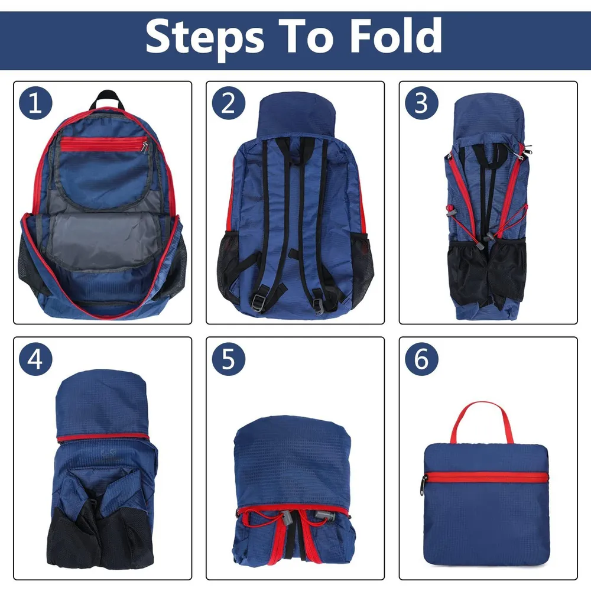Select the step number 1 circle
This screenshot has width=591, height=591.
[35, 103]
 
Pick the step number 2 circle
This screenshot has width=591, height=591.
[228, 103]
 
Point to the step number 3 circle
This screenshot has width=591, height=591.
[421, 103]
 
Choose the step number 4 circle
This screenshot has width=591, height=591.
[35, 359]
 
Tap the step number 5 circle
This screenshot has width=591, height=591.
[228, 359]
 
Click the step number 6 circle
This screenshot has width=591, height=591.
[421, 359]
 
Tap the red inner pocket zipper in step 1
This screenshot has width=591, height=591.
[103, 144]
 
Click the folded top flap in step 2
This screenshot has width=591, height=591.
[296, 115]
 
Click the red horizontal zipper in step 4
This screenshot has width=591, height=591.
[102, 437]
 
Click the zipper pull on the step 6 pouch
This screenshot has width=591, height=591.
[424, 485]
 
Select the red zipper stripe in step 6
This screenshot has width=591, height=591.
[486, 477]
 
